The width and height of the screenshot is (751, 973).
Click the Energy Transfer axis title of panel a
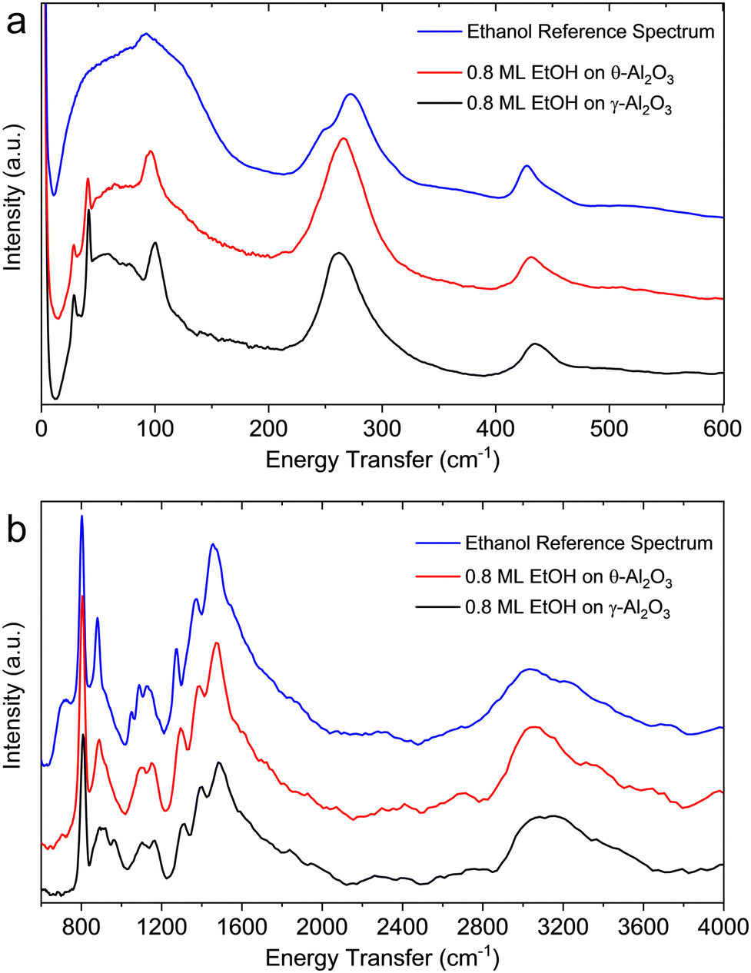(x=382, y=460)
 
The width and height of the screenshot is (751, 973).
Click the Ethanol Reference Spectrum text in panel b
(x=589, y=543)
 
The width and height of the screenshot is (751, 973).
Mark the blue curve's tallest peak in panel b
(x=81, y=517)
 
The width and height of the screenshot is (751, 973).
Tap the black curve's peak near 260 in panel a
(x=337, y=253)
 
